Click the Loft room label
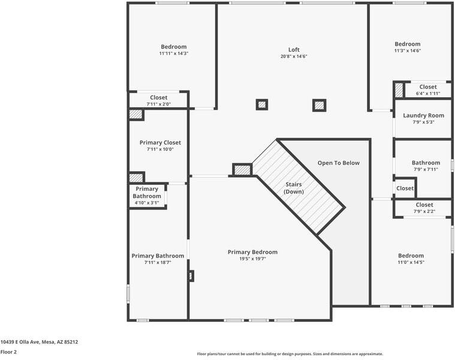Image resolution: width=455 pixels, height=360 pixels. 294,50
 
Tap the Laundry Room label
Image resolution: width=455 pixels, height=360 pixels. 423,115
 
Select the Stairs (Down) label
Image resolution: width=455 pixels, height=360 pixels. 294,188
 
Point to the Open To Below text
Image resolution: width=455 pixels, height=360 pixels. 339,163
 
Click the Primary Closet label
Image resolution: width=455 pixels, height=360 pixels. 160,143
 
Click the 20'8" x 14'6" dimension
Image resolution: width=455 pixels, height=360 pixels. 294,56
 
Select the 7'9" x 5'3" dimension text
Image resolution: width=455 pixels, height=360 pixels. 423,122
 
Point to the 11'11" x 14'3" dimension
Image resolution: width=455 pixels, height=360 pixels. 174,53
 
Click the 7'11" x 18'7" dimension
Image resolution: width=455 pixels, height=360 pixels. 158,262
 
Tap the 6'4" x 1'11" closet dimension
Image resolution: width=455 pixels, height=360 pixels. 428,94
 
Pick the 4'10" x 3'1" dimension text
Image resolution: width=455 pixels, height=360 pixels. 146,203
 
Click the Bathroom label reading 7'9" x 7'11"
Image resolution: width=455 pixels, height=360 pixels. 426,163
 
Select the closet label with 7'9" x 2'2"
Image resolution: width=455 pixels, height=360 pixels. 424,205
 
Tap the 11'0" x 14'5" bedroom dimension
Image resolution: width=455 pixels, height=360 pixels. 411,262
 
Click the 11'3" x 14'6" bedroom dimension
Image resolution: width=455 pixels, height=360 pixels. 407,50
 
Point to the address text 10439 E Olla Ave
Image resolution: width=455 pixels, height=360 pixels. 39,342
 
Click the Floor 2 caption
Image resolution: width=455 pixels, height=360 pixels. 8,352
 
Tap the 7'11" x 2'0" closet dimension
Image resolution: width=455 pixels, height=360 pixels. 159,104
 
